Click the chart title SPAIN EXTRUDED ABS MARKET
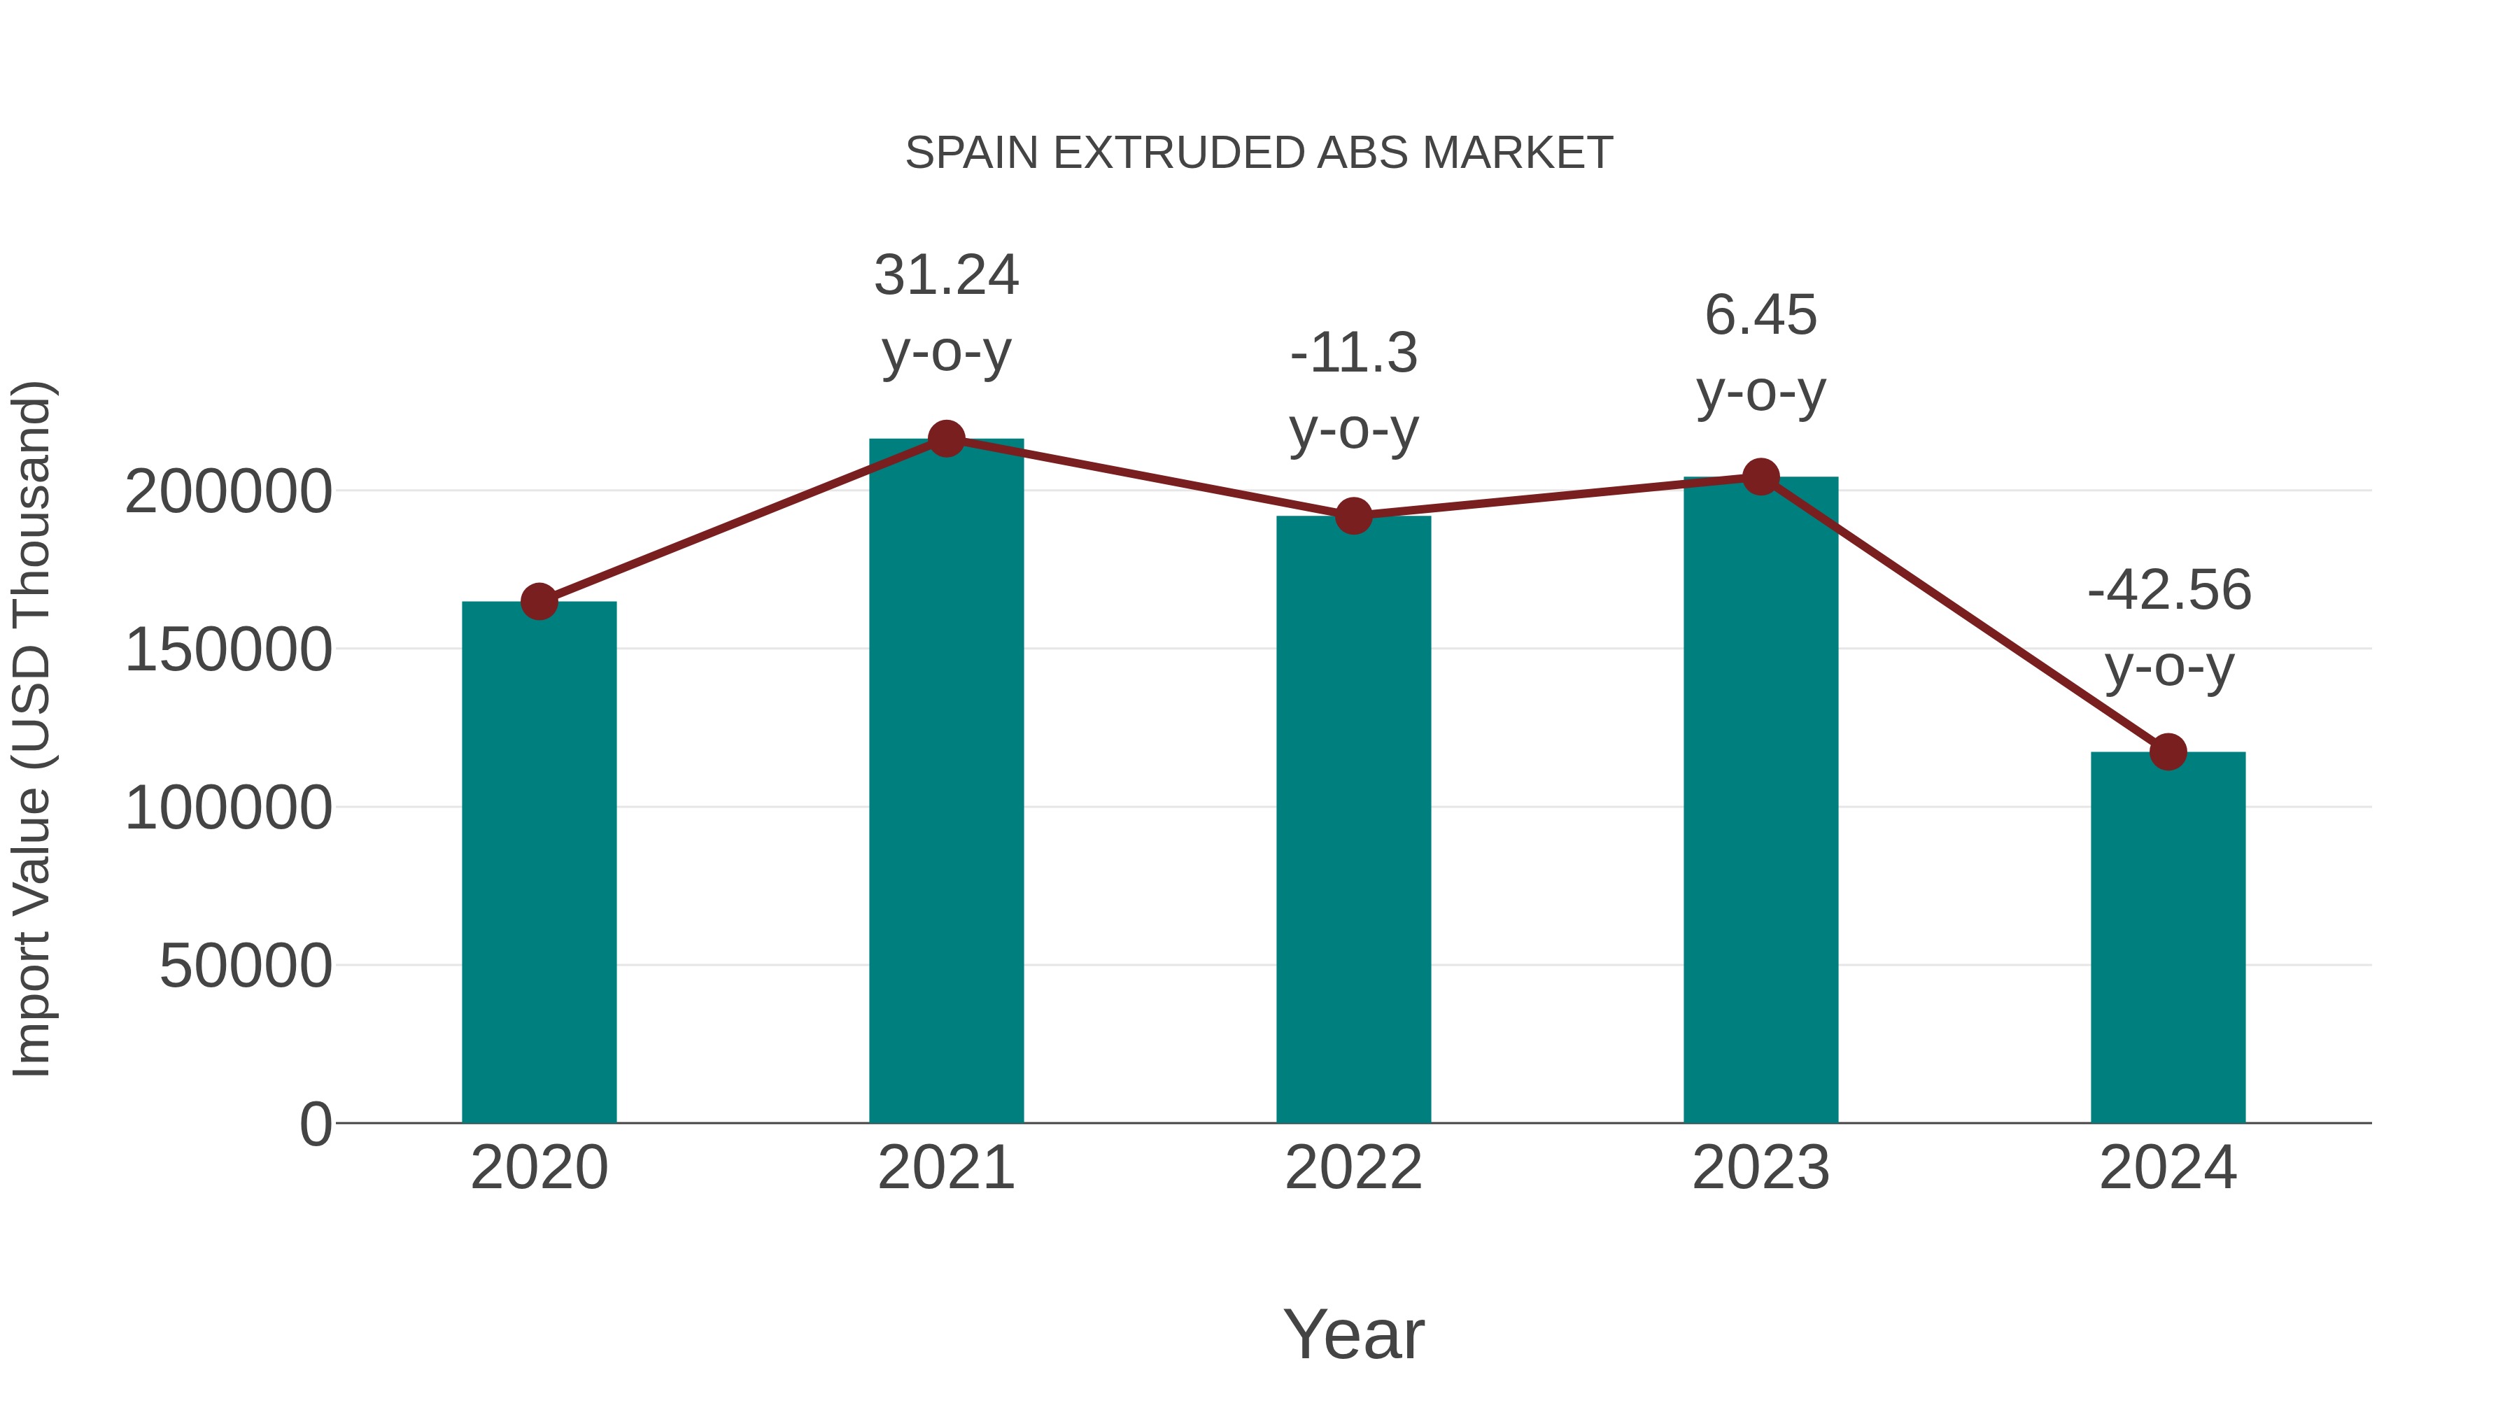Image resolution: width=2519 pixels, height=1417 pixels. point(1259,153)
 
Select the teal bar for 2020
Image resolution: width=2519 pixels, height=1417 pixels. point(539,861)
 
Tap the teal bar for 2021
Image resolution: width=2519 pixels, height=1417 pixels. point(945,782)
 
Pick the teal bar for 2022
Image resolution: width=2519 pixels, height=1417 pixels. point(1353,822)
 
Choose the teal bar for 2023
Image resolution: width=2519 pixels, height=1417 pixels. point(1761,802)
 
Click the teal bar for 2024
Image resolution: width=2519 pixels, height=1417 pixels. point(2168,939)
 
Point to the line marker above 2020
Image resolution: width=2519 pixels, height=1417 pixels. point(539,601)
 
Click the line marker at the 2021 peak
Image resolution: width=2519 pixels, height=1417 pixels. point(945,439)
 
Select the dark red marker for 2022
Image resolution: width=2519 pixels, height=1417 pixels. point(1353,515)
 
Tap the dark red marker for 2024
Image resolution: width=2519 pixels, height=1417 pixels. point(2168,752)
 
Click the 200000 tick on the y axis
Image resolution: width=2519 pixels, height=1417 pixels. point(228,492)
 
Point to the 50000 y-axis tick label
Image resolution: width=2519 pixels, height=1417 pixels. point(246,966)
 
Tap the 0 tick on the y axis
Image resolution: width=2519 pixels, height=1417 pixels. point(315,1125)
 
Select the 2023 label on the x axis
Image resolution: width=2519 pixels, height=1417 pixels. point(1761,1168)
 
